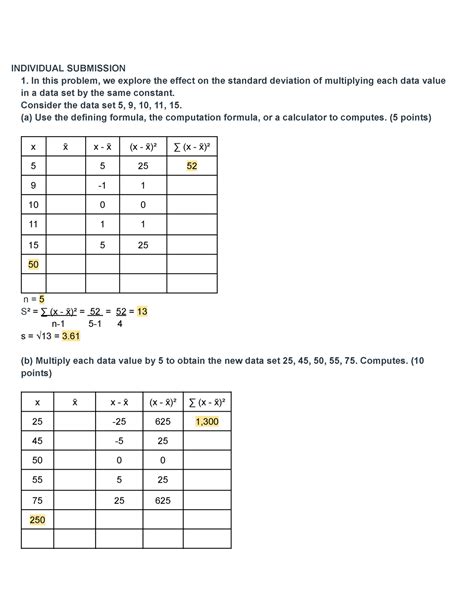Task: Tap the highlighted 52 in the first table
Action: tap(190, 166)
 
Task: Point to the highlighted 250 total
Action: tap(39, 520)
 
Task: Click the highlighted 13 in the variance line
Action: tap(142, 311)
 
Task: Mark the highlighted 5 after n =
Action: tap(43, 298)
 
